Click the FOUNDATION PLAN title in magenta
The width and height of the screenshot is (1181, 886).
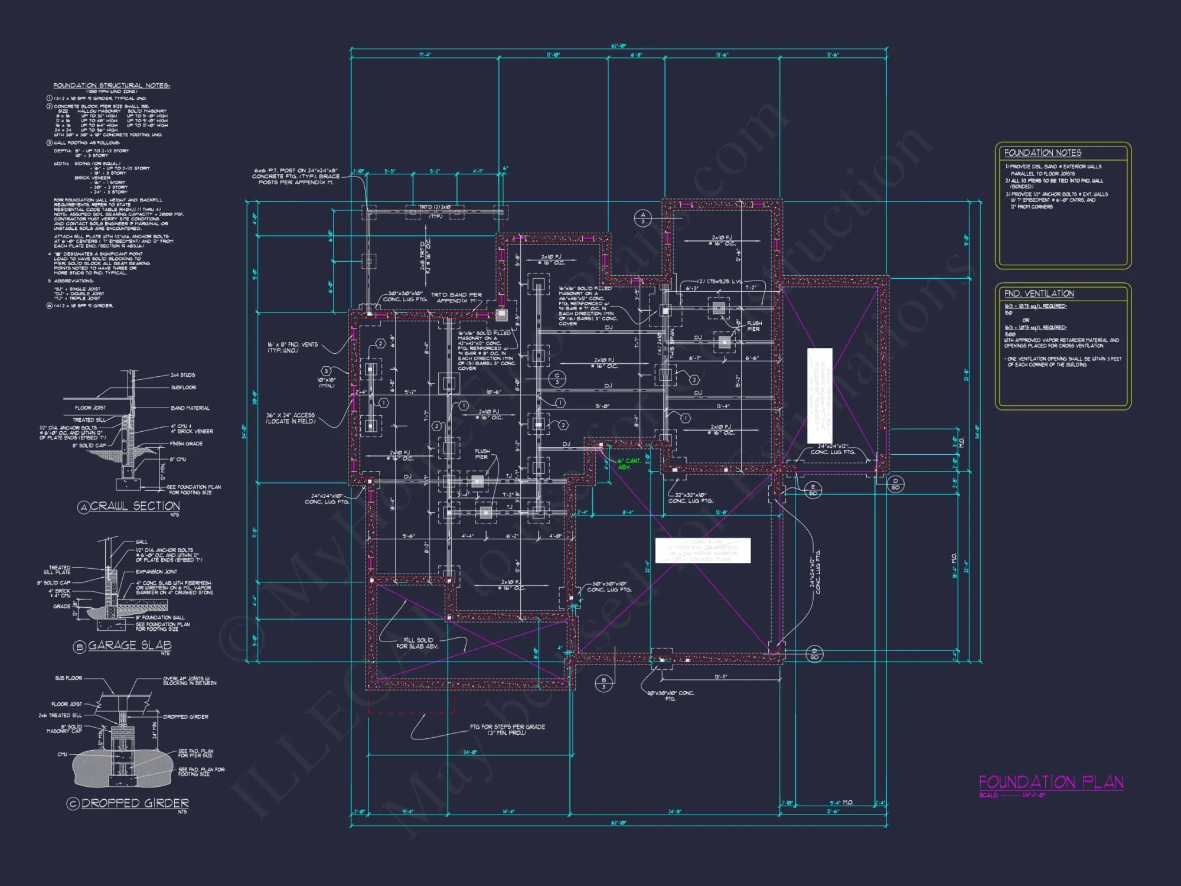(x=1050, y=782)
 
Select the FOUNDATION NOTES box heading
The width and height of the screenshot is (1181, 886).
(x=1043, y=152)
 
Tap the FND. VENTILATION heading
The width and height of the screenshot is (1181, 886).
(x=1039, y=294)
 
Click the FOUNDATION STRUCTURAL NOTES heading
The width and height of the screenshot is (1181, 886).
(x=112, y=86)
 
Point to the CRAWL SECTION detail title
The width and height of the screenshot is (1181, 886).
(x=135, y=506)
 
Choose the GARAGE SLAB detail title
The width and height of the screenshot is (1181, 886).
(x=129, y=646)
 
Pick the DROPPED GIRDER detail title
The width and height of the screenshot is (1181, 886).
(x=135, y=803)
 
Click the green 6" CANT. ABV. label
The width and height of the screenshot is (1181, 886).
(x=628, y=464)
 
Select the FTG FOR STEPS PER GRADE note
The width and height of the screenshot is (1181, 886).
(x=507, y=729)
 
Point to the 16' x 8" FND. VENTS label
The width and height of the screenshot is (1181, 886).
(x=292, y=347)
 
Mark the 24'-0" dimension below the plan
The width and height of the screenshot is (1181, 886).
(x=469, y=752)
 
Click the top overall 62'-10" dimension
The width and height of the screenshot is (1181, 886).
(x=618, y=46)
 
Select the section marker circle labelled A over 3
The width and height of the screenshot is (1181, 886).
(x=643, y=218)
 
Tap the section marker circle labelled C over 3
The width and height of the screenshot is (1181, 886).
(x=557, y=379)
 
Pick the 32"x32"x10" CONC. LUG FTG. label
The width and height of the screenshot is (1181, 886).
(x=690, y=498)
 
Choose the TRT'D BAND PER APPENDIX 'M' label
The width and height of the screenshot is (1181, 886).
(x=456, y=298)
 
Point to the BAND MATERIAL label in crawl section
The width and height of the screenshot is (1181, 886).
(x=190, y=408)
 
